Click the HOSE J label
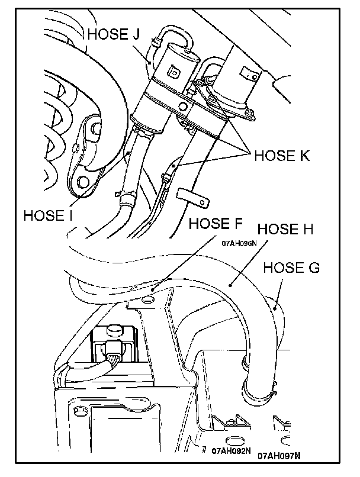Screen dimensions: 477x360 click(113, 34)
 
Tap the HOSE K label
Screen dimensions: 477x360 click(282, 156)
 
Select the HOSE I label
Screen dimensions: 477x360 click(48, 214)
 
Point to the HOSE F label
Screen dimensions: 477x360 click(215, 224)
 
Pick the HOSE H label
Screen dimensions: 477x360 click(285, 229)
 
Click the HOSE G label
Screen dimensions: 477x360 click(291, 267)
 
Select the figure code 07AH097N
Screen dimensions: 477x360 click(279, 456)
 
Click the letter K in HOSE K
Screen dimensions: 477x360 click(304, 156)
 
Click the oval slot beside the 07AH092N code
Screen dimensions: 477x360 click(232, 440)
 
